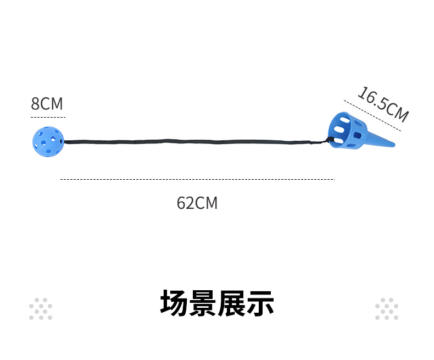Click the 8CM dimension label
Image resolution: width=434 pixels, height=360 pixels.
point(47,104)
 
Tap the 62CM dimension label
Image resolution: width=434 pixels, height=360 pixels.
point(197,203)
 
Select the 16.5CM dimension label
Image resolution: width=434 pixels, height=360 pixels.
point(382,104)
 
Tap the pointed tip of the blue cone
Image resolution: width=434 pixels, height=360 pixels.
point(393,146)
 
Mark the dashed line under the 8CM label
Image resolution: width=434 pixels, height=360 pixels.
point(48,117)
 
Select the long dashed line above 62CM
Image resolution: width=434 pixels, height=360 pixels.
point(197,179)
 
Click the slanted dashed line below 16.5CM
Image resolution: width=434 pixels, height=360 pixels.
point(372,115)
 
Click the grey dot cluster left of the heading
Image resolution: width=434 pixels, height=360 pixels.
point(41,309)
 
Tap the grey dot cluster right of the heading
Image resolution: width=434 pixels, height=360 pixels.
point(387,309)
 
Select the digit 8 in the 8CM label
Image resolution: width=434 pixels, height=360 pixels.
point(35,104)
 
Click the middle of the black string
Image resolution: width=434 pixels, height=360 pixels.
point(192,142)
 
